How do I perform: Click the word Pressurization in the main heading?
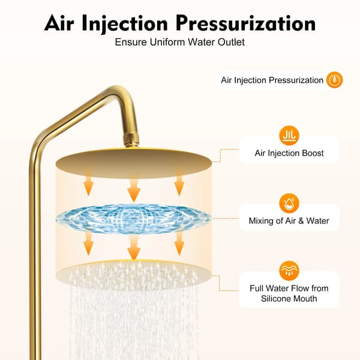click(245, 23)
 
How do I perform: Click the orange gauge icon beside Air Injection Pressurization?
click(335, 80)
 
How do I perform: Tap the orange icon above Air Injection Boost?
click(289, 136)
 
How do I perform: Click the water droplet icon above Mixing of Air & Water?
click(289, 203)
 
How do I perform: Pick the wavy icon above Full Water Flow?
click(289, 271)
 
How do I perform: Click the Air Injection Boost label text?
click(289, 153)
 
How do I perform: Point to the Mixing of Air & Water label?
click(289, 221)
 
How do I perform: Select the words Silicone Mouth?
click(289, 298)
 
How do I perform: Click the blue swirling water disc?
click(133, 218)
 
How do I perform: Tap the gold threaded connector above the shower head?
click(131, 140)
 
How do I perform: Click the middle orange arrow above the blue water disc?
click(134, 190)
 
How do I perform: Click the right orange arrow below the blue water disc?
click(179, 244)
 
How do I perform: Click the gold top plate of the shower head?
click(133, 163)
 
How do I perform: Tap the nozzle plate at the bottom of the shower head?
click(133, 275)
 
